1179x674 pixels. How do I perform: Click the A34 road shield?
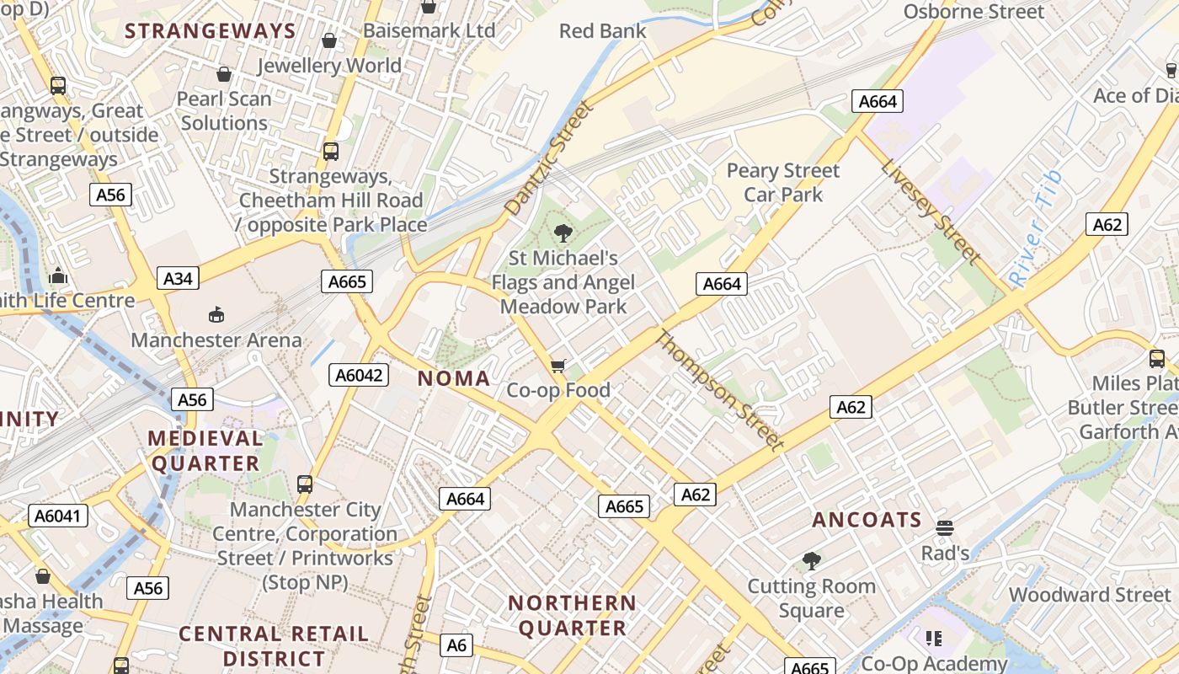178,278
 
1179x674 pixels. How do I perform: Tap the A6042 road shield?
358,375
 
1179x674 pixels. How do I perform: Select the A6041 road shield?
58,516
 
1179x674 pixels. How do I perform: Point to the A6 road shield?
456,645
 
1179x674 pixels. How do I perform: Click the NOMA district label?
454,378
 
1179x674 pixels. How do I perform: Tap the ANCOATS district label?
867,520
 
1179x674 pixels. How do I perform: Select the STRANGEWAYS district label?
211,32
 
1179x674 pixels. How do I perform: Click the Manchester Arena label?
216,340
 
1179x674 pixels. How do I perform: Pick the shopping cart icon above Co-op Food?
557,366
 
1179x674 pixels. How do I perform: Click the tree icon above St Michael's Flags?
563,233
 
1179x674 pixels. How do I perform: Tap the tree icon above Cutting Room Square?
812,560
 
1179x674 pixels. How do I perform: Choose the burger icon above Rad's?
945,529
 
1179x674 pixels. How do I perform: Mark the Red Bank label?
603,31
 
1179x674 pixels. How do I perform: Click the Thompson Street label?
719,388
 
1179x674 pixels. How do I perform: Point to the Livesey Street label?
931,211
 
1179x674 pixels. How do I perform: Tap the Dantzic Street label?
549,158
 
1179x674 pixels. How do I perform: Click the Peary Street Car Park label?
783,182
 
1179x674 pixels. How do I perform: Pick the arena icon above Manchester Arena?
216,314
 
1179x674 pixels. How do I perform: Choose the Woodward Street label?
1090,595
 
